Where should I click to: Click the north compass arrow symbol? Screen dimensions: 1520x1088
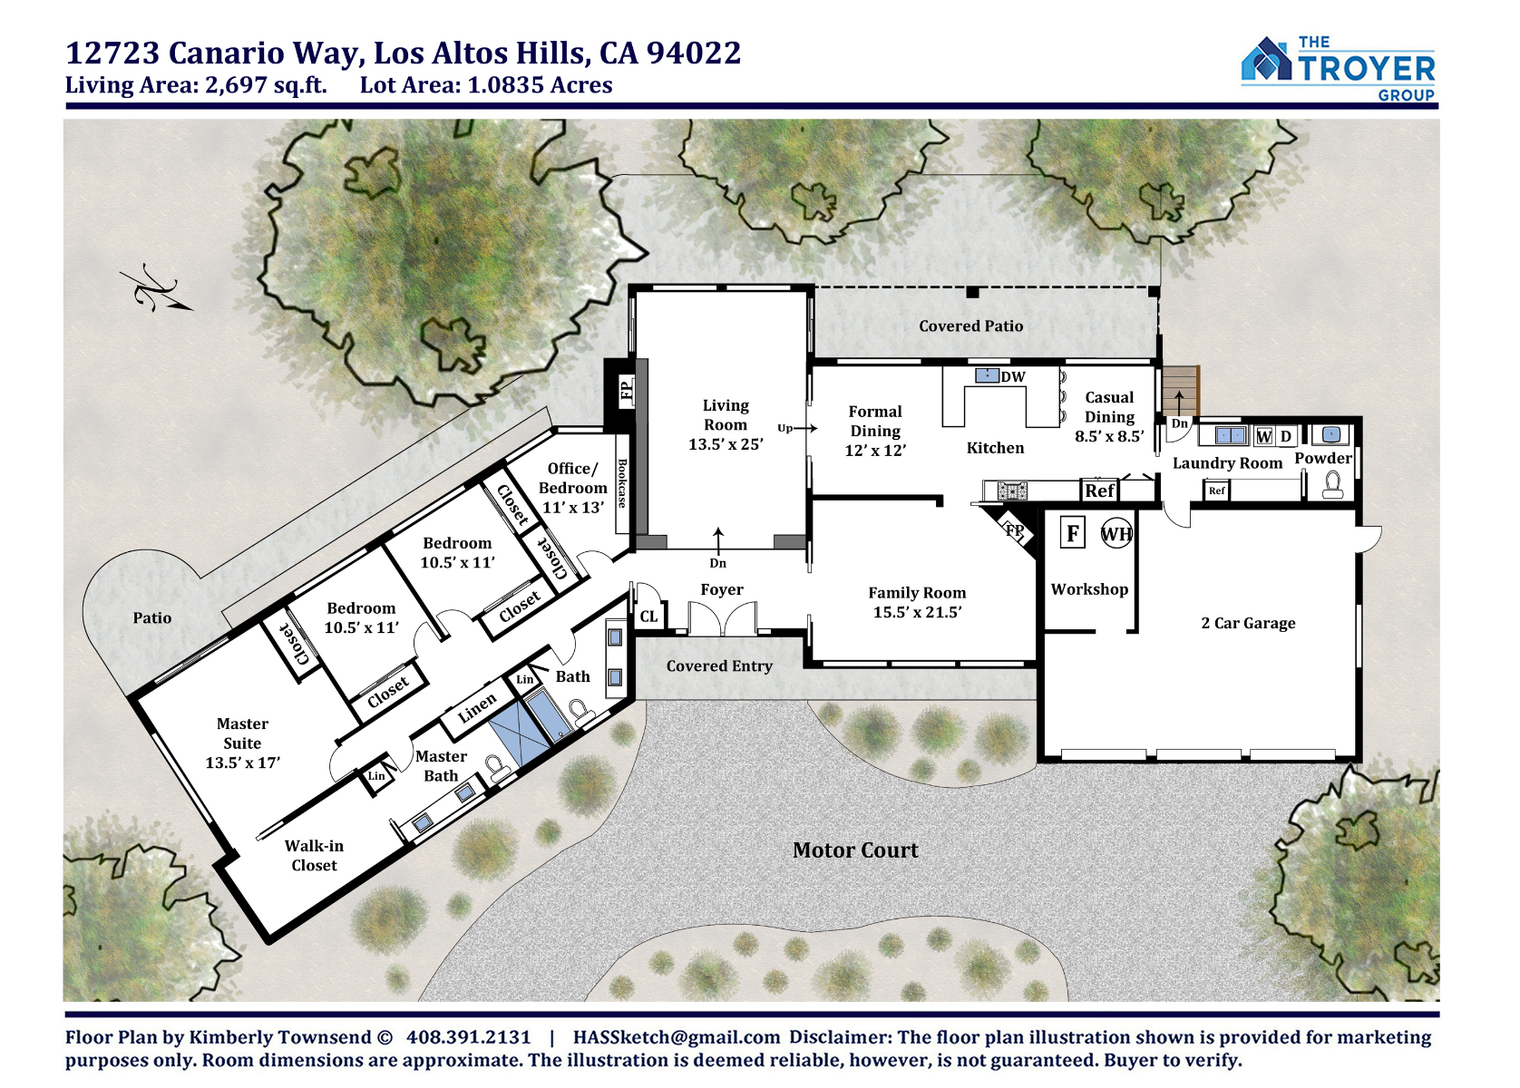click(156, 292)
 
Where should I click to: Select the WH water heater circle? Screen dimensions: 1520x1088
click(1116, 534)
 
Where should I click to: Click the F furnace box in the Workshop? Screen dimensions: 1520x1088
click(1072, 534)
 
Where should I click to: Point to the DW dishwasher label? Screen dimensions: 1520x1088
click(1013, 377)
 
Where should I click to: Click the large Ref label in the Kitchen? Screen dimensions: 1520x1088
click(1099, 491)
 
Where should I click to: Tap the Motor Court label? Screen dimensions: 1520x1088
click(855, 850)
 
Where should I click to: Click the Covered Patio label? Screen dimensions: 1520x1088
click(971, 326)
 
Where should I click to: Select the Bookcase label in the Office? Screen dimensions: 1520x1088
click(622, 483)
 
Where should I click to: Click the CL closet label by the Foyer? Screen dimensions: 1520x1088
click(648, 617)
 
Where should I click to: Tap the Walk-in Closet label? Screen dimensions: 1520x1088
click(314, 856)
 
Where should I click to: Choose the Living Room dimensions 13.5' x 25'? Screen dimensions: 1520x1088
click(726, 445)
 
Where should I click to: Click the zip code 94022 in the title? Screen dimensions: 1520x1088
click(694, 53)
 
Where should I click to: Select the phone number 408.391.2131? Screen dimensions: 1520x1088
click(468, 1038)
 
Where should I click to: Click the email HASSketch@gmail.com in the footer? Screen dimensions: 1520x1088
click(677, 1038)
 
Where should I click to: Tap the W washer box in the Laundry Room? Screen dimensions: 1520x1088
click(1263, 437)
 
